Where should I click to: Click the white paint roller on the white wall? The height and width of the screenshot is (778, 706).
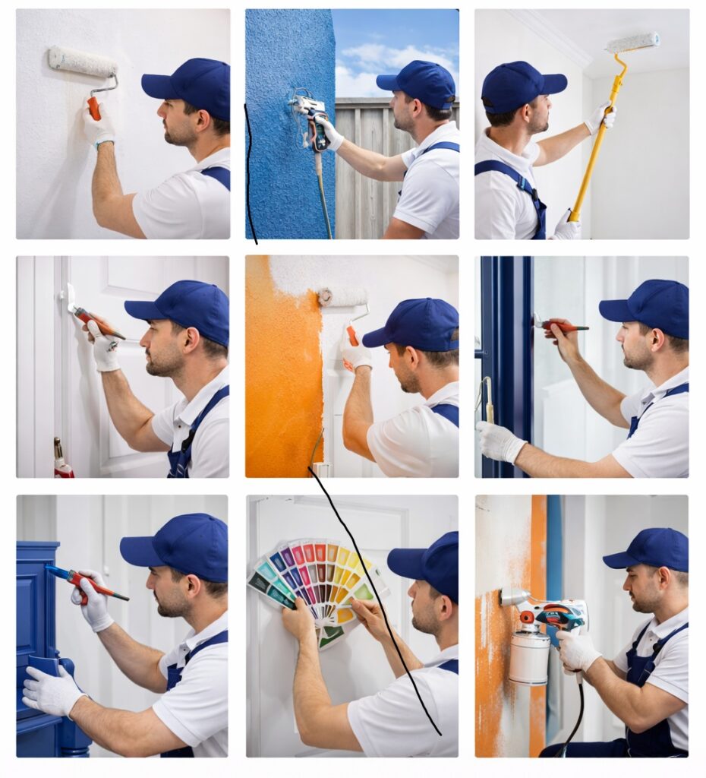[82, 62]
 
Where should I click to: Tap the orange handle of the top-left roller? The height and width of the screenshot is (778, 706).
[94, 107]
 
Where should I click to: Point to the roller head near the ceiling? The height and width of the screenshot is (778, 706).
[632, 43]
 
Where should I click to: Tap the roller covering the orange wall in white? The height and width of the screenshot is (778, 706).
[342, 296]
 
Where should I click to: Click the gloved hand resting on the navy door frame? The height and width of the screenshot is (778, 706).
[500, 441]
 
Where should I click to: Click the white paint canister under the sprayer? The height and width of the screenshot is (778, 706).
[529, 655]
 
